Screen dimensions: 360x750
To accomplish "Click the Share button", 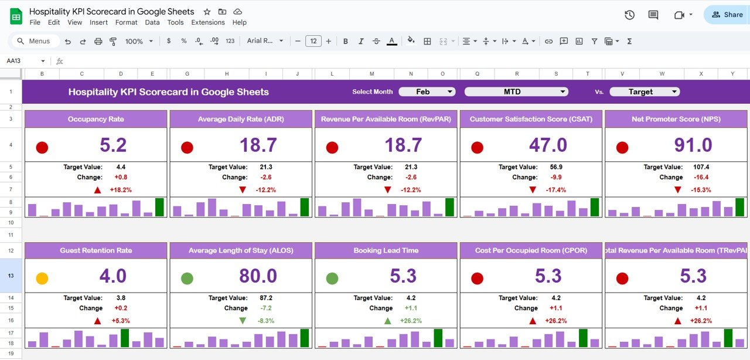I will click(x=726, y=15).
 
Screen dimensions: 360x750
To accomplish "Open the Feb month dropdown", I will click(x=427, y=92).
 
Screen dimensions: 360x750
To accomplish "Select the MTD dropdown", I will click(x=516, y=92).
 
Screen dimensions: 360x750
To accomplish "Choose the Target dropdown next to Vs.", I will click(x=644, y=92).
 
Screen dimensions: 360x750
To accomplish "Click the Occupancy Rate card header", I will click(x=96, y=119).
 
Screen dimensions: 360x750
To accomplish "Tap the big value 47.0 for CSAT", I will click(x=548, y=145).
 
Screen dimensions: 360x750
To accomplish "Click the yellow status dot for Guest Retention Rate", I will click(x=42, y=279).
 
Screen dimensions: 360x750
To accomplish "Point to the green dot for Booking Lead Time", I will click(x=332, y=279).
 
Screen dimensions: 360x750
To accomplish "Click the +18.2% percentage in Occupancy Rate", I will click(x=121, y=190).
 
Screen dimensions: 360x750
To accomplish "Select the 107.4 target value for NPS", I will click(x=701, y=167).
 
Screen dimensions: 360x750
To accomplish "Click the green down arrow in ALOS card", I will click(x=243, y=321).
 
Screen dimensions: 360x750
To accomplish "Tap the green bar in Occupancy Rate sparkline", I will click(x=159, y=207).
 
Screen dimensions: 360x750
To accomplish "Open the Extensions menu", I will click(x=208, y=22).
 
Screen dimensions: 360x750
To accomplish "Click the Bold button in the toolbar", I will click(x=346, y=41).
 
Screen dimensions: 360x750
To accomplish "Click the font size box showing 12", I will click(x=313, y=41).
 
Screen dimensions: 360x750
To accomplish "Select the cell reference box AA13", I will click(x=23, y=61).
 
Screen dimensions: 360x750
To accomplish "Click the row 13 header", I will click(x=11, y=276).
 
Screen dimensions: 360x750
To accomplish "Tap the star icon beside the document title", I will click(x=207, y=12).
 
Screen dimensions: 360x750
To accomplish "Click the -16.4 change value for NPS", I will click(x=701, y=177).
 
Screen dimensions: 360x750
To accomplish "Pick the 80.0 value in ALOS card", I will click(x=258, y=276).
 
